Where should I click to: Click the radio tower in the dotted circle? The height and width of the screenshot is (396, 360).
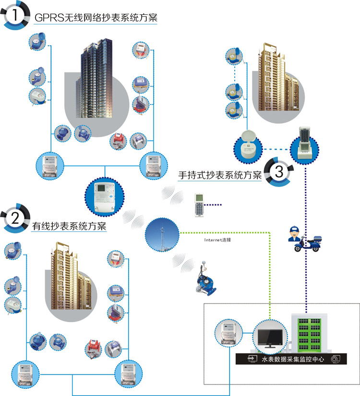pos(161,234)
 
